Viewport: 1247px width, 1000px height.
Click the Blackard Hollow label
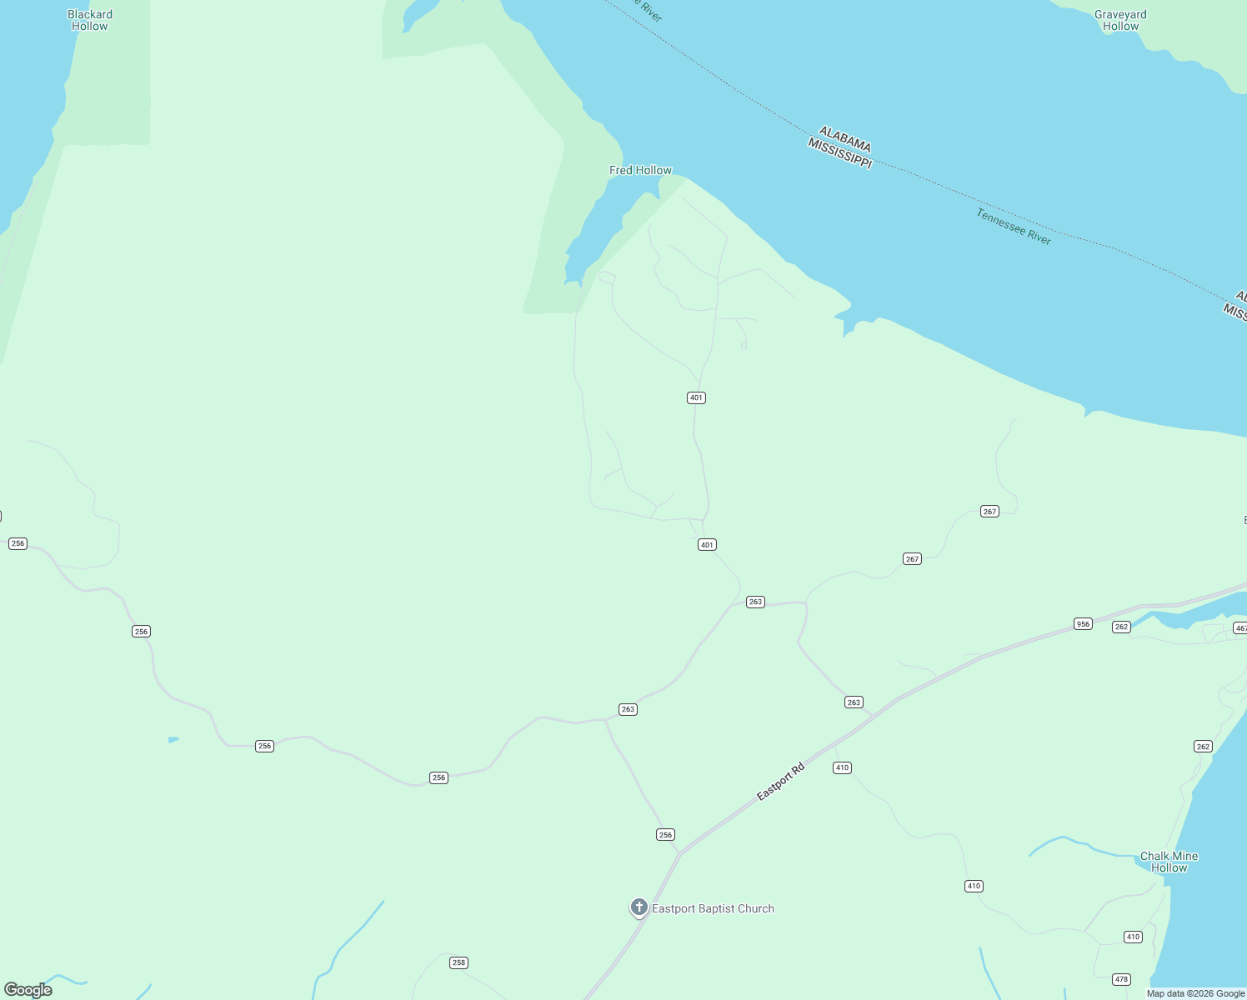(x=89, y=20)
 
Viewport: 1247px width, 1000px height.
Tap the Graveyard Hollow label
(x=1120, y=20)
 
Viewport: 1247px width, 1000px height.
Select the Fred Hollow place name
(x=640, y=170)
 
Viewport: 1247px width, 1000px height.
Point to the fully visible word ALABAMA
(x=845, y=139)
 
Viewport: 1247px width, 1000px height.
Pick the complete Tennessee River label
(x=1014, y=227)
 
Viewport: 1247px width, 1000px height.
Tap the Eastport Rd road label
(x=780, y=782)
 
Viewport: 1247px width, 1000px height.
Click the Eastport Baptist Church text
(x=713, y=908)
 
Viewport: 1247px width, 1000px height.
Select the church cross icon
(x=639, y=907)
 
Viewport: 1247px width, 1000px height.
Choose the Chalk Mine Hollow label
(x=1169, y=862)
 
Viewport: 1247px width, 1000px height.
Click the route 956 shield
(x=1083, y=623)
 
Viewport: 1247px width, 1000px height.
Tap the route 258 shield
(x=458, y=962)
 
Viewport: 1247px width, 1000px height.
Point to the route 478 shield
(x=1121, y=979)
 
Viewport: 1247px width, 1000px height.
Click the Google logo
(x=28, y=990)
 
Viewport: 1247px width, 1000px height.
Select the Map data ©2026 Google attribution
(x=1195, y=993)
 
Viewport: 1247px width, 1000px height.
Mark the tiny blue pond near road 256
(x=173, y=739)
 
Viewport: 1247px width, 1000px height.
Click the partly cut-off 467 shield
(x=1240, y=628)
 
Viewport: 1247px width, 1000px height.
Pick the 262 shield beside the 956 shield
(x=1121, y=627)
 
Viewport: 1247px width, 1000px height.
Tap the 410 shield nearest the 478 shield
(x=1133, y=937)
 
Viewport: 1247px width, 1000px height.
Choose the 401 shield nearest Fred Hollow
(x=697, y=397)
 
